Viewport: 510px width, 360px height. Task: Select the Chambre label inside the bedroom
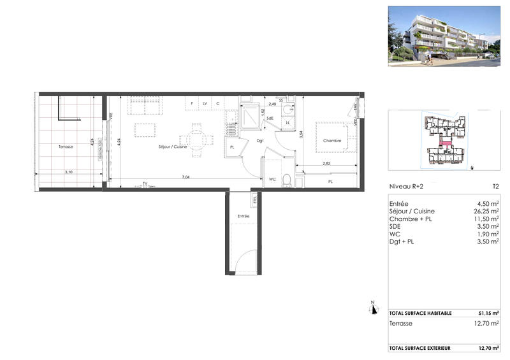click(x=331, y=141)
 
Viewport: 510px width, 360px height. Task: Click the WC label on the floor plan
click(x=272, y=180)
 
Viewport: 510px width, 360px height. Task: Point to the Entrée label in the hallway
click(x=244, y=217)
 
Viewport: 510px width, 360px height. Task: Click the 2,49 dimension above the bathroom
click(x=272, y=104)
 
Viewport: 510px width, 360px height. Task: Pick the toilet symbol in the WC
click(x=288, y=180)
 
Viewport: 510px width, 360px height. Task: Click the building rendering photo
click(x=442, y=36)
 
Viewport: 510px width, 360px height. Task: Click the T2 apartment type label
click(x=495, y=187)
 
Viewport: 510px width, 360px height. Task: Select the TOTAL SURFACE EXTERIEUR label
click(x=420, y=348)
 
